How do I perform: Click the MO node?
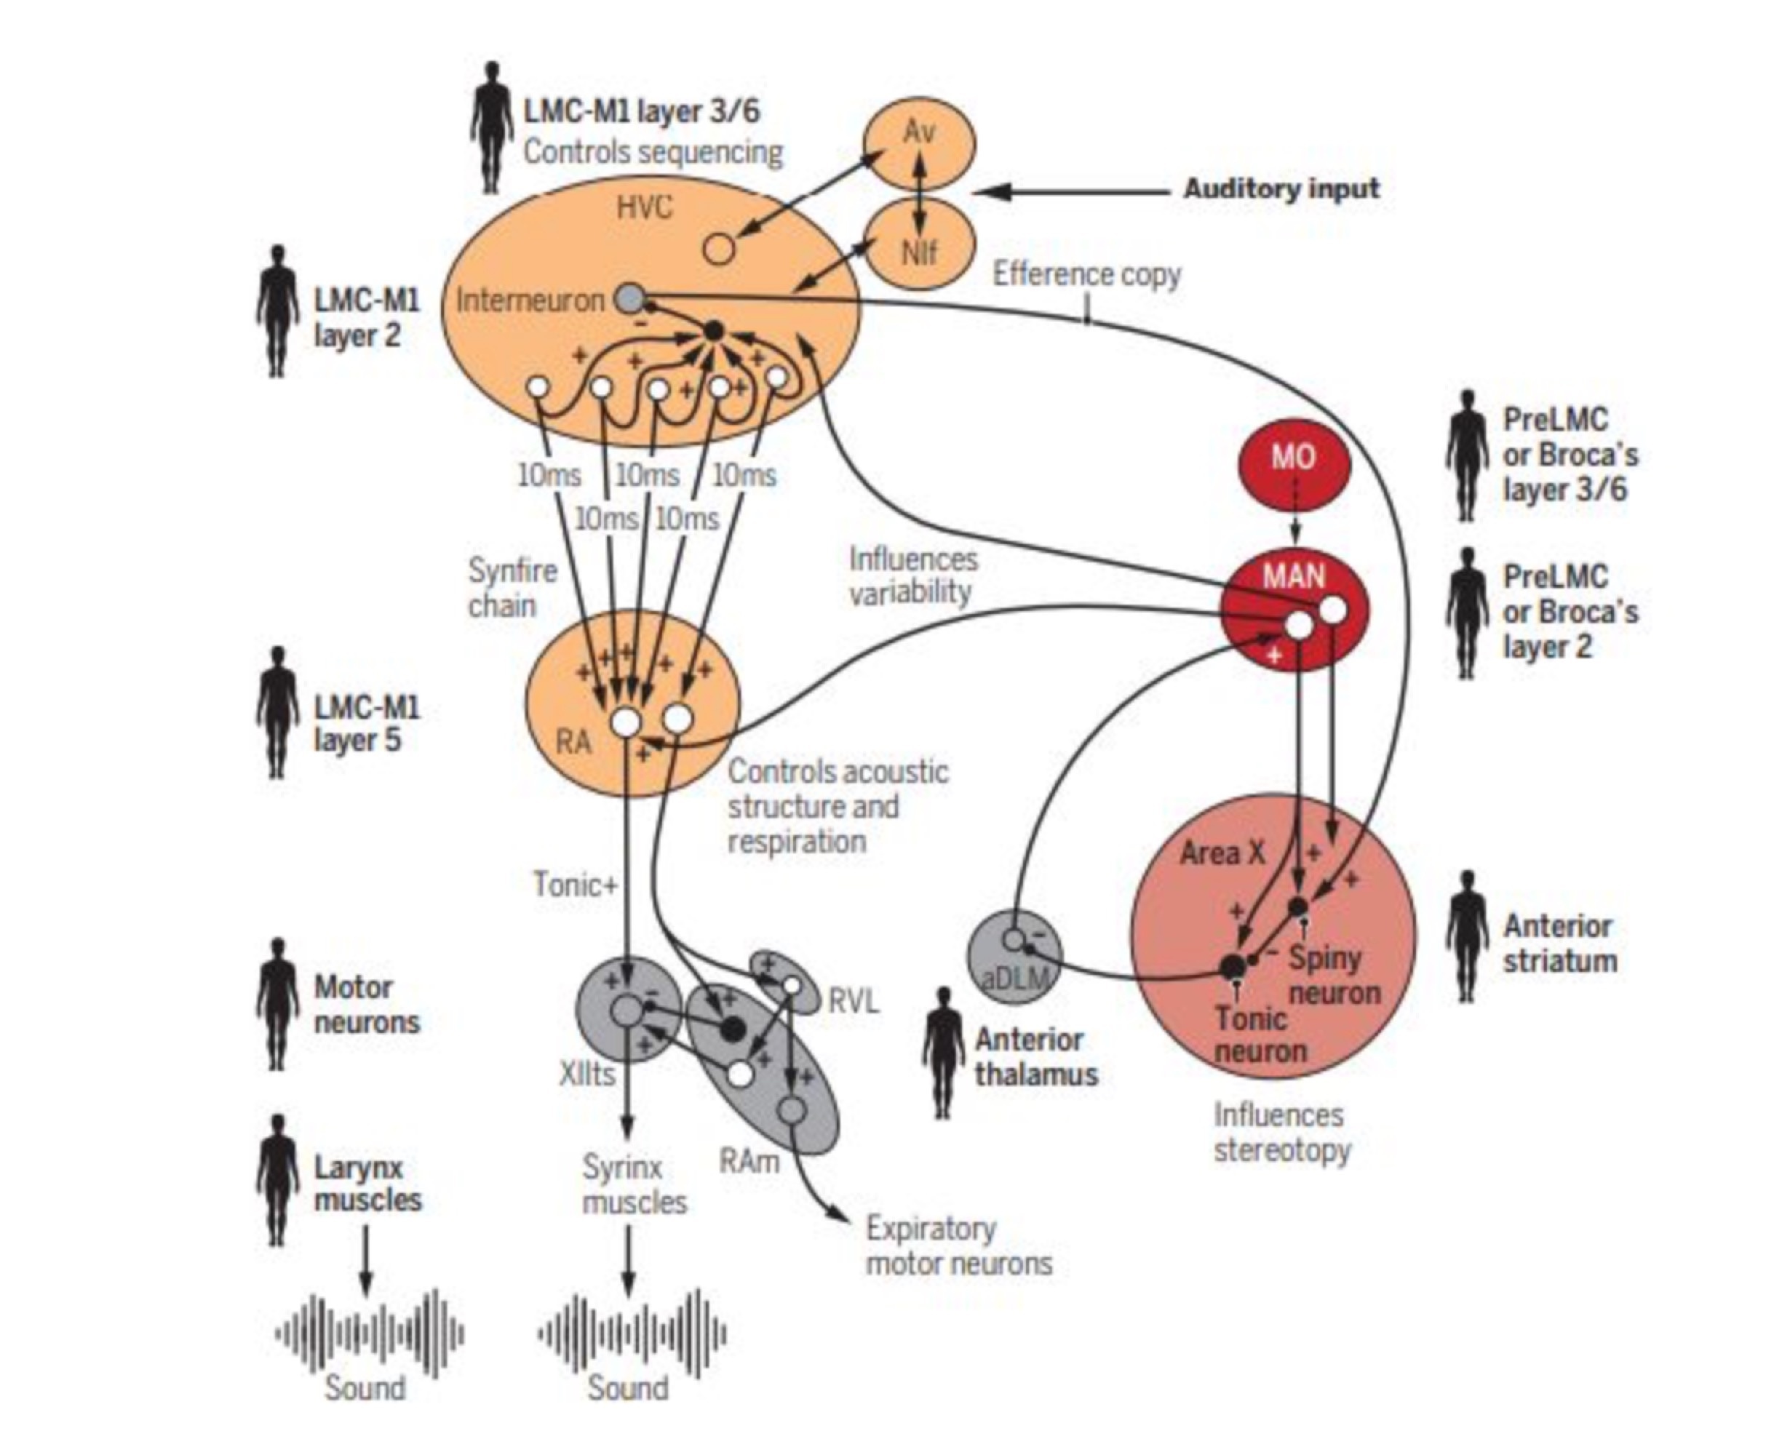pyautogui.click(x=1294, y=460)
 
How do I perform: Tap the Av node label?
pyautogui.click(x=919, y=132)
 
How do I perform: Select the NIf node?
pyautogui.click(x=920, y=247)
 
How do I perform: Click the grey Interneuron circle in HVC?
pyautogui.click(x=629, y=298)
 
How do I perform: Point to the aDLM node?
pyautogui.click(x=1014, y=955)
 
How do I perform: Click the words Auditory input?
pyautogui.click(x=1280, y=189)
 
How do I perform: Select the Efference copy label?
pyautogui.click(x=1086, y=274)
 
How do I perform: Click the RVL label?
pyautogui.click(x=854, y=1001)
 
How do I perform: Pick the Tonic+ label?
pyautogui.click(x=575, y=884)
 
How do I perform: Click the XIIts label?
pyautogui.click(x=587, y=1074)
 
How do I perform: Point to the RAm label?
pyautogui.click(x=749, y=1161)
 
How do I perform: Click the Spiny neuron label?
pyautogui.click(x=1333, y=975)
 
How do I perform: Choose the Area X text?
pyautogui.click(x=1222, y=853)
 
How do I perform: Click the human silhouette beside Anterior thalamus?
pyautogui.click(x=944, y=1053)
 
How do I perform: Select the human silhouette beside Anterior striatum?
pyautogui.click(x=1466, y=936)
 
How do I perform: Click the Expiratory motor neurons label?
pyautogui.click(x=958, y=1246)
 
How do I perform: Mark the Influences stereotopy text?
pyautogui.click(x=1281, y=1132)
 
